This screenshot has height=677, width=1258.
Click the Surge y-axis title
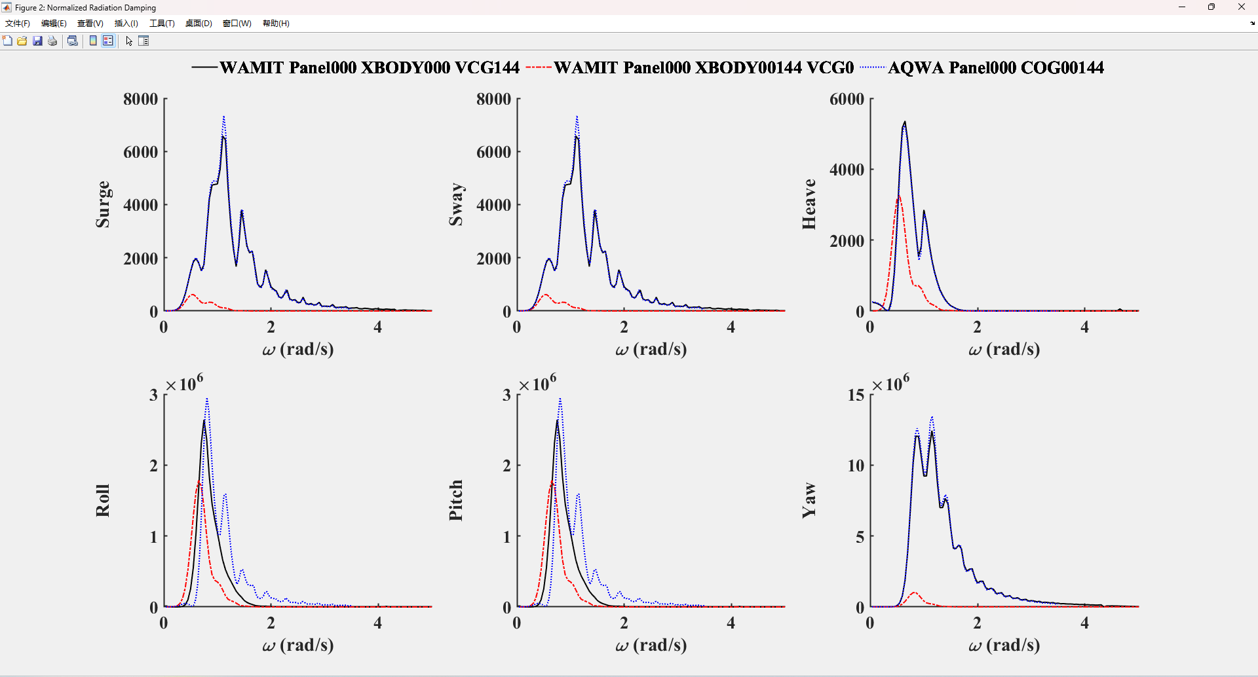[103, 204]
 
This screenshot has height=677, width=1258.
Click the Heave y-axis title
[809, 204]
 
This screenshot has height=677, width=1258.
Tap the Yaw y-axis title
[809, 501]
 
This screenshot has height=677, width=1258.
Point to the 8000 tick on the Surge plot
[141, 99]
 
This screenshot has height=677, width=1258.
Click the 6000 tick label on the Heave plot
[847, 99]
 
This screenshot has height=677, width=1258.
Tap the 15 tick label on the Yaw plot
[856, 395]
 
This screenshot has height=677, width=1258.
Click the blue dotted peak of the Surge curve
[224, 118]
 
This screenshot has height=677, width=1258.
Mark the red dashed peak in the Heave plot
[898, 196]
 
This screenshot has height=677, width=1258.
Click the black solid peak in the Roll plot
[204, 421]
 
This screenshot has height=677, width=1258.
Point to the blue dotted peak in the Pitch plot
[560, 399]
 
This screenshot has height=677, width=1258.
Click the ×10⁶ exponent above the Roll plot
[185, 383]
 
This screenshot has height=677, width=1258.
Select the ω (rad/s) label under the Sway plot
[651, 350]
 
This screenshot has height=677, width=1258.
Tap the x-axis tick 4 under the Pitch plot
[731, 623]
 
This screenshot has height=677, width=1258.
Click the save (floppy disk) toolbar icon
[37, 41]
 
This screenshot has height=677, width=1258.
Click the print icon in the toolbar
[52, 41]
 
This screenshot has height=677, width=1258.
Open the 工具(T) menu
[162, 23]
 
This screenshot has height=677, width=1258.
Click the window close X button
[1241, 7]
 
